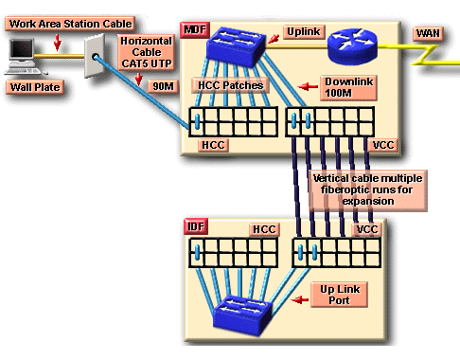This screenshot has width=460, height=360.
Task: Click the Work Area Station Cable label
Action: (60, 21)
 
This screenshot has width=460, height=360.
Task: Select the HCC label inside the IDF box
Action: (262, 229)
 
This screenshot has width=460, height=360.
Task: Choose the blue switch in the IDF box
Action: (244, 312)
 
